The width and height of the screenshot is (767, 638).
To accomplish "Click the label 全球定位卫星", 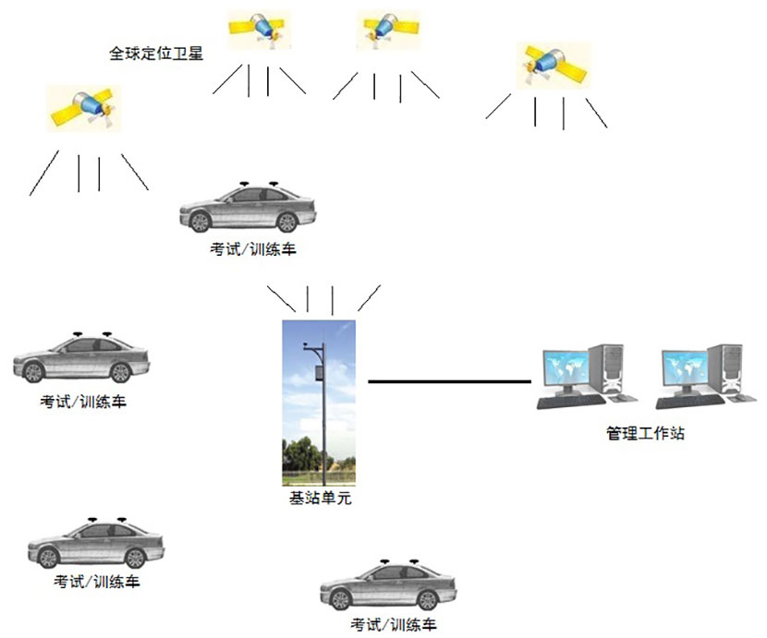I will pyautogui.click(x=155, y=54).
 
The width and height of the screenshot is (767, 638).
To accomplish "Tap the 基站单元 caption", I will pyautogui.click(x=321, y=499).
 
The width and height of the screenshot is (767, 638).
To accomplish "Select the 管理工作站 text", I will pyautogui.click(x=645, y=432).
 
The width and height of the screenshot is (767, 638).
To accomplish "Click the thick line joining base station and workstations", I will pyautogui.click(x=449, y=381).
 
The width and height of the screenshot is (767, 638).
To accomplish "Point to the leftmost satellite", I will pyautogui.click(x=84, y=106).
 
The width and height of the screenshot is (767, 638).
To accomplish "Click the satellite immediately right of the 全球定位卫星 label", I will pyautogui.click(x=262, y=30).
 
